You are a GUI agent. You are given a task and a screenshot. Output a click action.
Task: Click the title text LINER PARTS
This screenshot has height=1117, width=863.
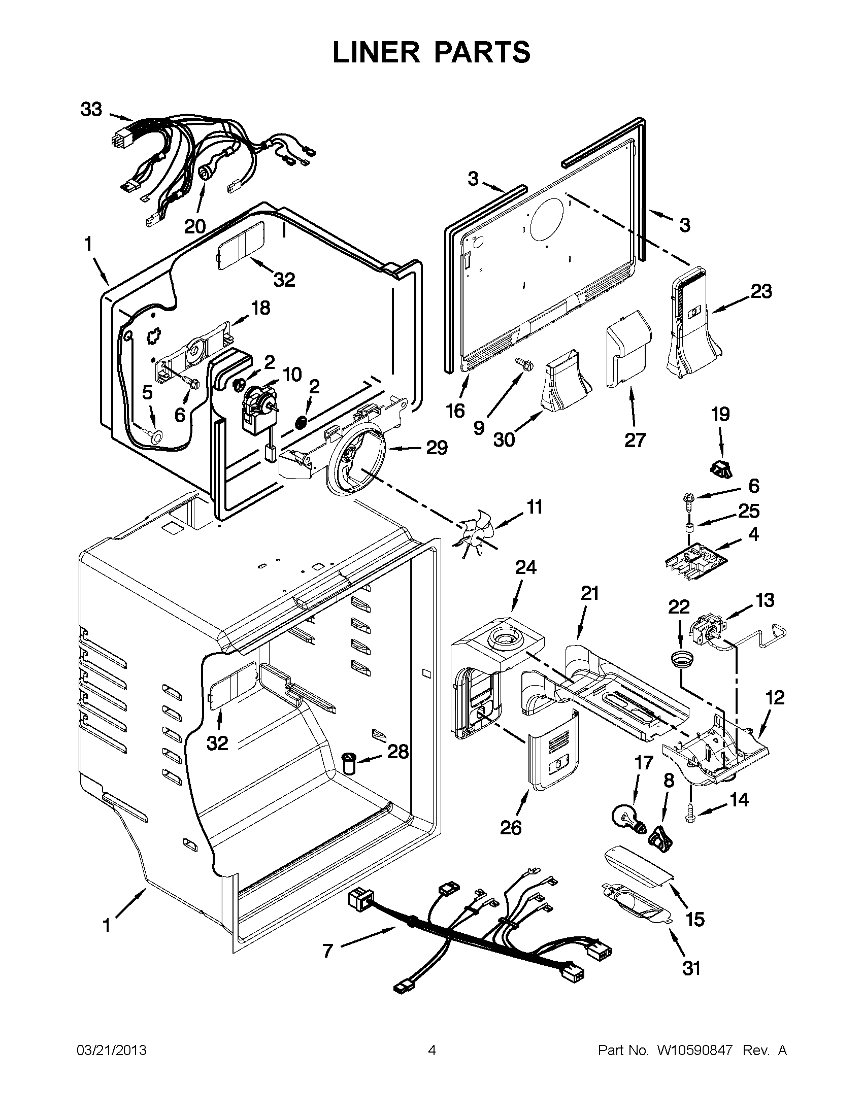click(x=431, y=52)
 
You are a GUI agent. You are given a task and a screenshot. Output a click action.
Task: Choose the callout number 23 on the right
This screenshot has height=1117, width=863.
click(x=761, y=291)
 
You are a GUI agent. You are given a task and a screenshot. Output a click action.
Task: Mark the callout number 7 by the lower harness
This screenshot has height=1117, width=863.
click(x=327, y=951)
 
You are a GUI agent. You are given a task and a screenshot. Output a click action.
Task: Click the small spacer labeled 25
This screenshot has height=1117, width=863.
click(x=689, y=527)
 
